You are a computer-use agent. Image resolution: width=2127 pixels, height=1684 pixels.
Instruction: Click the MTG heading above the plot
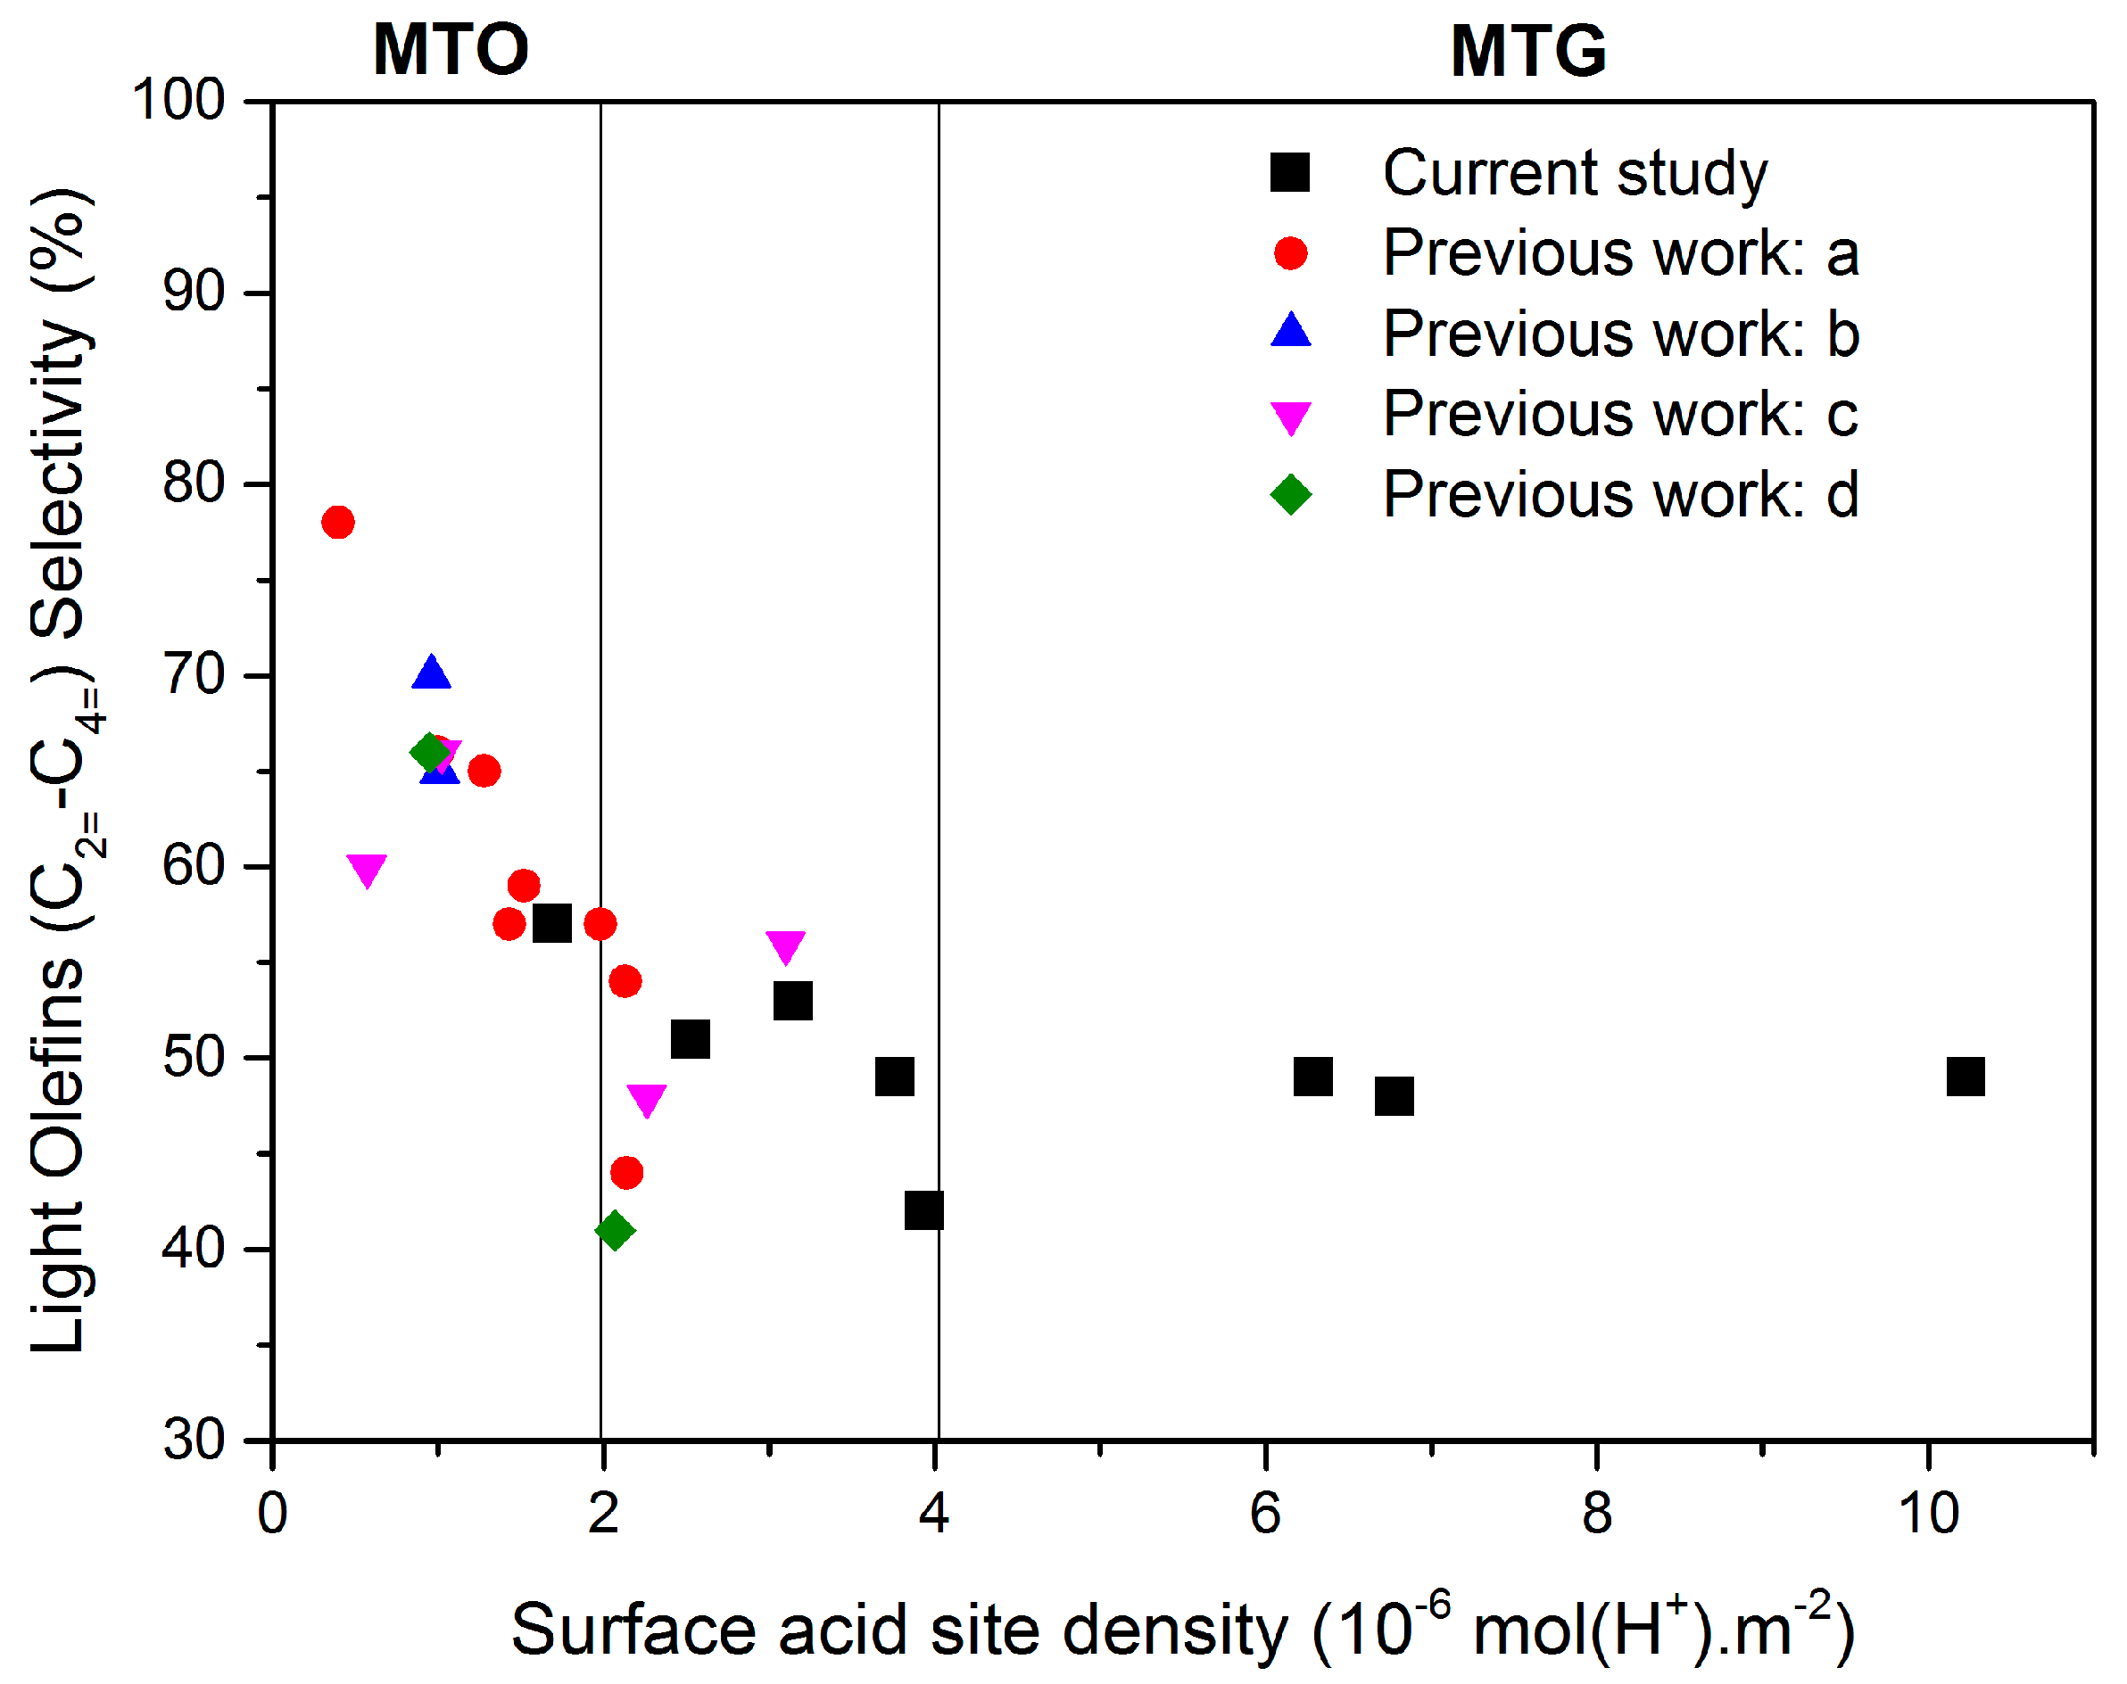1527,50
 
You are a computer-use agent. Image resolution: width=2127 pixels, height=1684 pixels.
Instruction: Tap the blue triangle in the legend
1290,330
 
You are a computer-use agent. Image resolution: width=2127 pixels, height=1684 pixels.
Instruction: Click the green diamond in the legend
1290,493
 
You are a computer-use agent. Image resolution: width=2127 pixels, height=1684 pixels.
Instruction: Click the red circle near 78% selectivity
337,522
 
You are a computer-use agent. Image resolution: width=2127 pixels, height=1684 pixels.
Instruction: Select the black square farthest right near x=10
1965,1076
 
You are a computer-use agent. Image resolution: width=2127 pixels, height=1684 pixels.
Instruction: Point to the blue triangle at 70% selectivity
431,673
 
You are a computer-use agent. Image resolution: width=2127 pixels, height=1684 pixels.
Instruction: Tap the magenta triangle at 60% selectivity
366,869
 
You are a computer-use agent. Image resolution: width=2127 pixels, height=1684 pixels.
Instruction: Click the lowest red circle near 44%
626,1172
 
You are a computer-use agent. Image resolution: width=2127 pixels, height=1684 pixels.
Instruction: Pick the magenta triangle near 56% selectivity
785,945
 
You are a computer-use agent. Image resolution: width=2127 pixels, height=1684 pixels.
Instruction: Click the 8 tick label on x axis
1595,1513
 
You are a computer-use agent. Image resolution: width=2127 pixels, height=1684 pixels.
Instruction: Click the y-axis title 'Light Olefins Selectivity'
62,769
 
